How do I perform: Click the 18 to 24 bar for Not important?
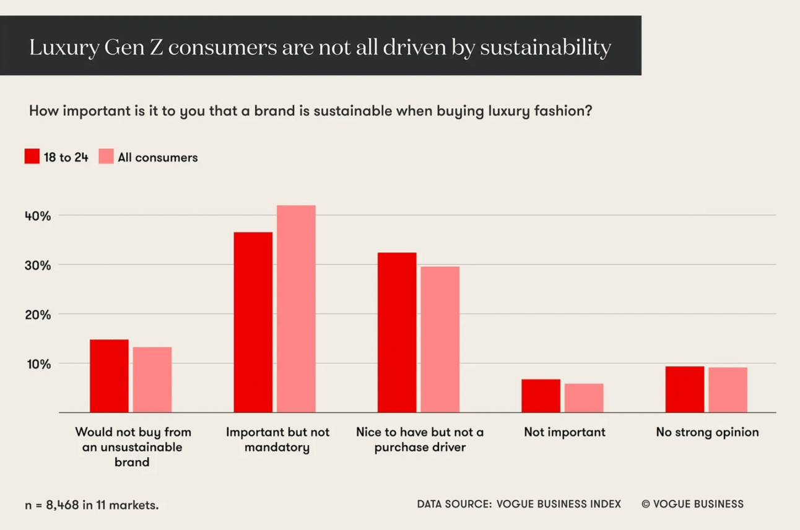tap(541, 396)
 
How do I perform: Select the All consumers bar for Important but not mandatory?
tap(296, 309)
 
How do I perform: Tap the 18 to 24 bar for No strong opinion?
tap(684, 389)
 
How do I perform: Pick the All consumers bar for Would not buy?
tap(152, 380)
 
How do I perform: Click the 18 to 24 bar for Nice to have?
tap(397, 332)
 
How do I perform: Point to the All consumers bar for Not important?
tap(584, 398)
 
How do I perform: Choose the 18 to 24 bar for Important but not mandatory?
tap(253, 322)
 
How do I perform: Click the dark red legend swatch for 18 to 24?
tap(32, 157)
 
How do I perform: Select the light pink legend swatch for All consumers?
tap(106, 157)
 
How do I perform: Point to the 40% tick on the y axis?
tap(38, 216)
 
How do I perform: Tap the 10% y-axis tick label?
tap(38, 364)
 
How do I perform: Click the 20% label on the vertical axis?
tap(38, 315)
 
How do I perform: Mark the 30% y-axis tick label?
tap(38, 265)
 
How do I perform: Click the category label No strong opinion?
tap(707, 432)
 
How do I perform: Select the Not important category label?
tap(565, 432)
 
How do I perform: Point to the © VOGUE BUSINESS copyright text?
tap(692, 504)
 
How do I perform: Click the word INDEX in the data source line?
tap(604, 504)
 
